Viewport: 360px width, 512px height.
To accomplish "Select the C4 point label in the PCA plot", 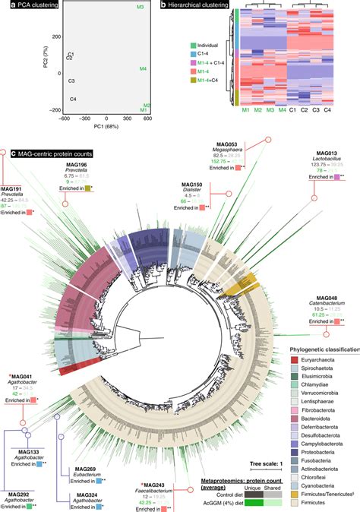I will click(x=73, y=99).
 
